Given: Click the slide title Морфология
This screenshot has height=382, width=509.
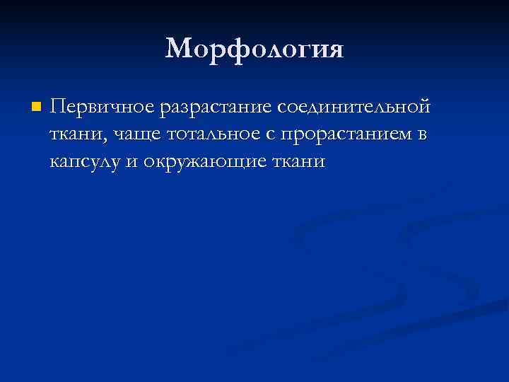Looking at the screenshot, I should click(x=255, y=50).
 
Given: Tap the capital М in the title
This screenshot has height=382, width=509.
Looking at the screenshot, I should click(x=180, y=50).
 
